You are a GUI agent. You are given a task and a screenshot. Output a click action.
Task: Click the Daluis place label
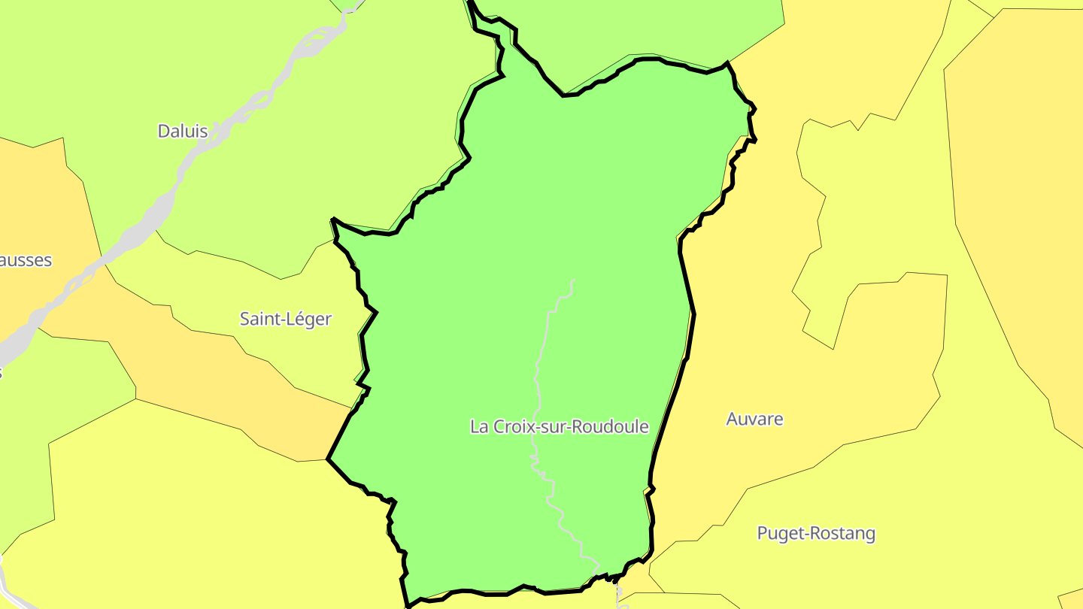(x=182, y=131)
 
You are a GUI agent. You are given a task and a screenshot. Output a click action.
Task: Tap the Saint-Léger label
(x=285, y=319)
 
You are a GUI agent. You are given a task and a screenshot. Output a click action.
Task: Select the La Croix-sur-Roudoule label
(x=559, y=426)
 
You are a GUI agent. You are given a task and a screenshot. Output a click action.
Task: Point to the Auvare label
(x=754, y=420)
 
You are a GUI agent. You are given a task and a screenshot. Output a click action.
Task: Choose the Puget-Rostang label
(x=816, y=534)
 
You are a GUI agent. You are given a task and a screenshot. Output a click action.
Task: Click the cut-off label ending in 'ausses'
(x=26, y=260)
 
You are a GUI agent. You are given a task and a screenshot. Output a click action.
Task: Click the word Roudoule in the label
(x=610, y=426)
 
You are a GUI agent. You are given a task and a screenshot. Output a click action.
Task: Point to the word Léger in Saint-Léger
(x=308, y=319)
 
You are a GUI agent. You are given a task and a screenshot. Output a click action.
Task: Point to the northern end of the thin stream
(x=574, y=280)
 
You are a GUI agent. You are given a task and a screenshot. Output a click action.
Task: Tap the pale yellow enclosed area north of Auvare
(x=865, y=226)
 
